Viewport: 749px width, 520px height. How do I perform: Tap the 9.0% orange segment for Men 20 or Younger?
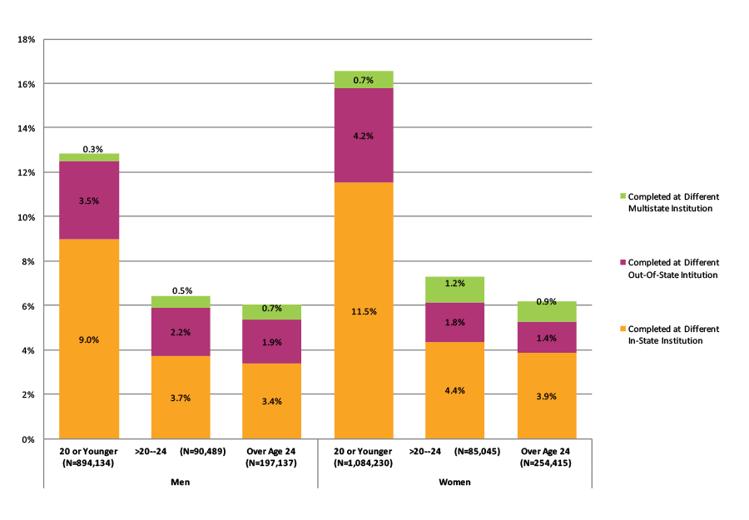click(x=88, y=339)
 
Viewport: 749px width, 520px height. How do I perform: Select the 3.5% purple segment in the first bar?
click(x=88, y=201)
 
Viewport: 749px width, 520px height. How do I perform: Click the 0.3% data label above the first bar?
click(x=92, y=149)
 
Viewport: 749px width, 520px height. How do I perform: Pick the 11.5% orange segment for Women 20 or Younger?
click(x=363, y=311)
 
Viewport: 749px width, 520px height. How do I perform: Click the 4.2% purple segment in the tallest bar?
click(x=363, y=135)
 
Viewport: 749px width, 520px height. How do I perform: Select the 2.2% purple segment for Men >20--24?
click(x=180, y=332)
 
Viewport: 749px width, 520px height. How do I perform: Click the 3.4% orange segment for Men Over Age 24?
click(x=271, y=401)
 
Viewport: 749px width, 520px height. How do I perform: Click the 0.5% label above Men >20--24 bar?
click(x=181, y=291)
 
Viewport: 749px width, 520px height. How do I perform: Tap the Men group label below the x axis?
click(x=180, y=482)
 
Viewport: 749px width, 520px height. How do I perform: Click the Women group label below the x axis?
click(x=454, y=482)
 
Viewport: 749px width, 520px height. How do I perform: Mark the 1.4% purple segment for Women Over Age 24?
click(x=546, y=337)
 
